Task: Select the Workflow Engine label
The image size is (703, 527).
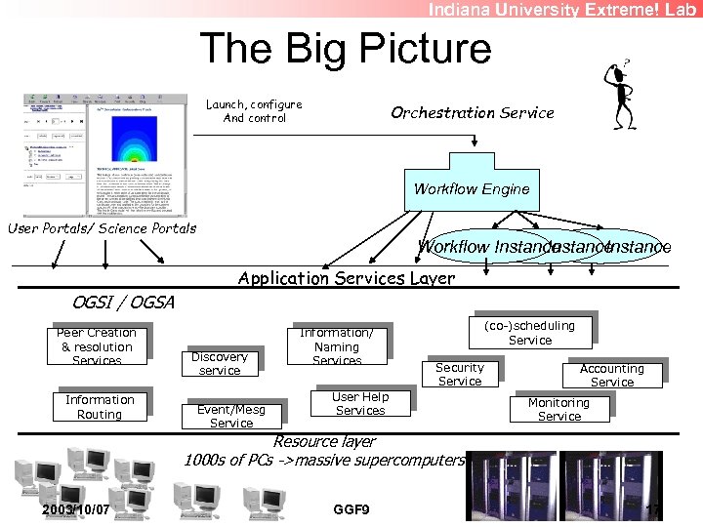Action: [472, 189]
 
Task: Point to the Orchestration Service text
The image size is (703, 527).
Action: [472, 112]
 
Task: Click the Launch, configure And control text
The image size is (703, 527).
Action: [254, 111]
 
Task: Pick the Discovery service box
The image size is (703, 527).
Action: [220, 363]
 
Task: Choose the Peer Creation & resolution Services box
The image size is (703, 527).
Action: [97, 346]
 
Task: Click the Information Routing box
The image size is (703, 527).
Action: [100, 406]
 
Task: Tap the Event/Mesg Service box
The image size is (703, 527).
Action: [231, 417]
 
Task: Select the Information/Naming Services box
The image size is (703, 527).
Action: [337, 346]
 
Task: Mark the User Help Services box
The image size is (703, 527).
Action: [359, 403]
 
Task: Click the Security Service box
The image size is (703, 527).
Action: [459, 374]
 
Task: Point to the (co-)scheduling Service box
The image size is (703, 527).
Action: [530, 333]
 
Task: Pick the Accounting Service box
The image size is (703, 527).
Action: [612, 375]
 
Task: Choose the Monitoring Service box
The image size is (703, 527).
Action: [558, 409]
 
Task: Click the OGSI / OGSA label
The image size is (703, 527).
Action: [123, 303]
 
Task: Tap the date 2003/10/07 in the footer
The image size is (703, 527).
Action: [76, 509]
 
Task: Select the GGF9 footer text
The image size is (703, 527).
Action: [351, 509]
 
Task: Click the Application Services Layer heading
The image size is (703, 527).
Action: [347, 278]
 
